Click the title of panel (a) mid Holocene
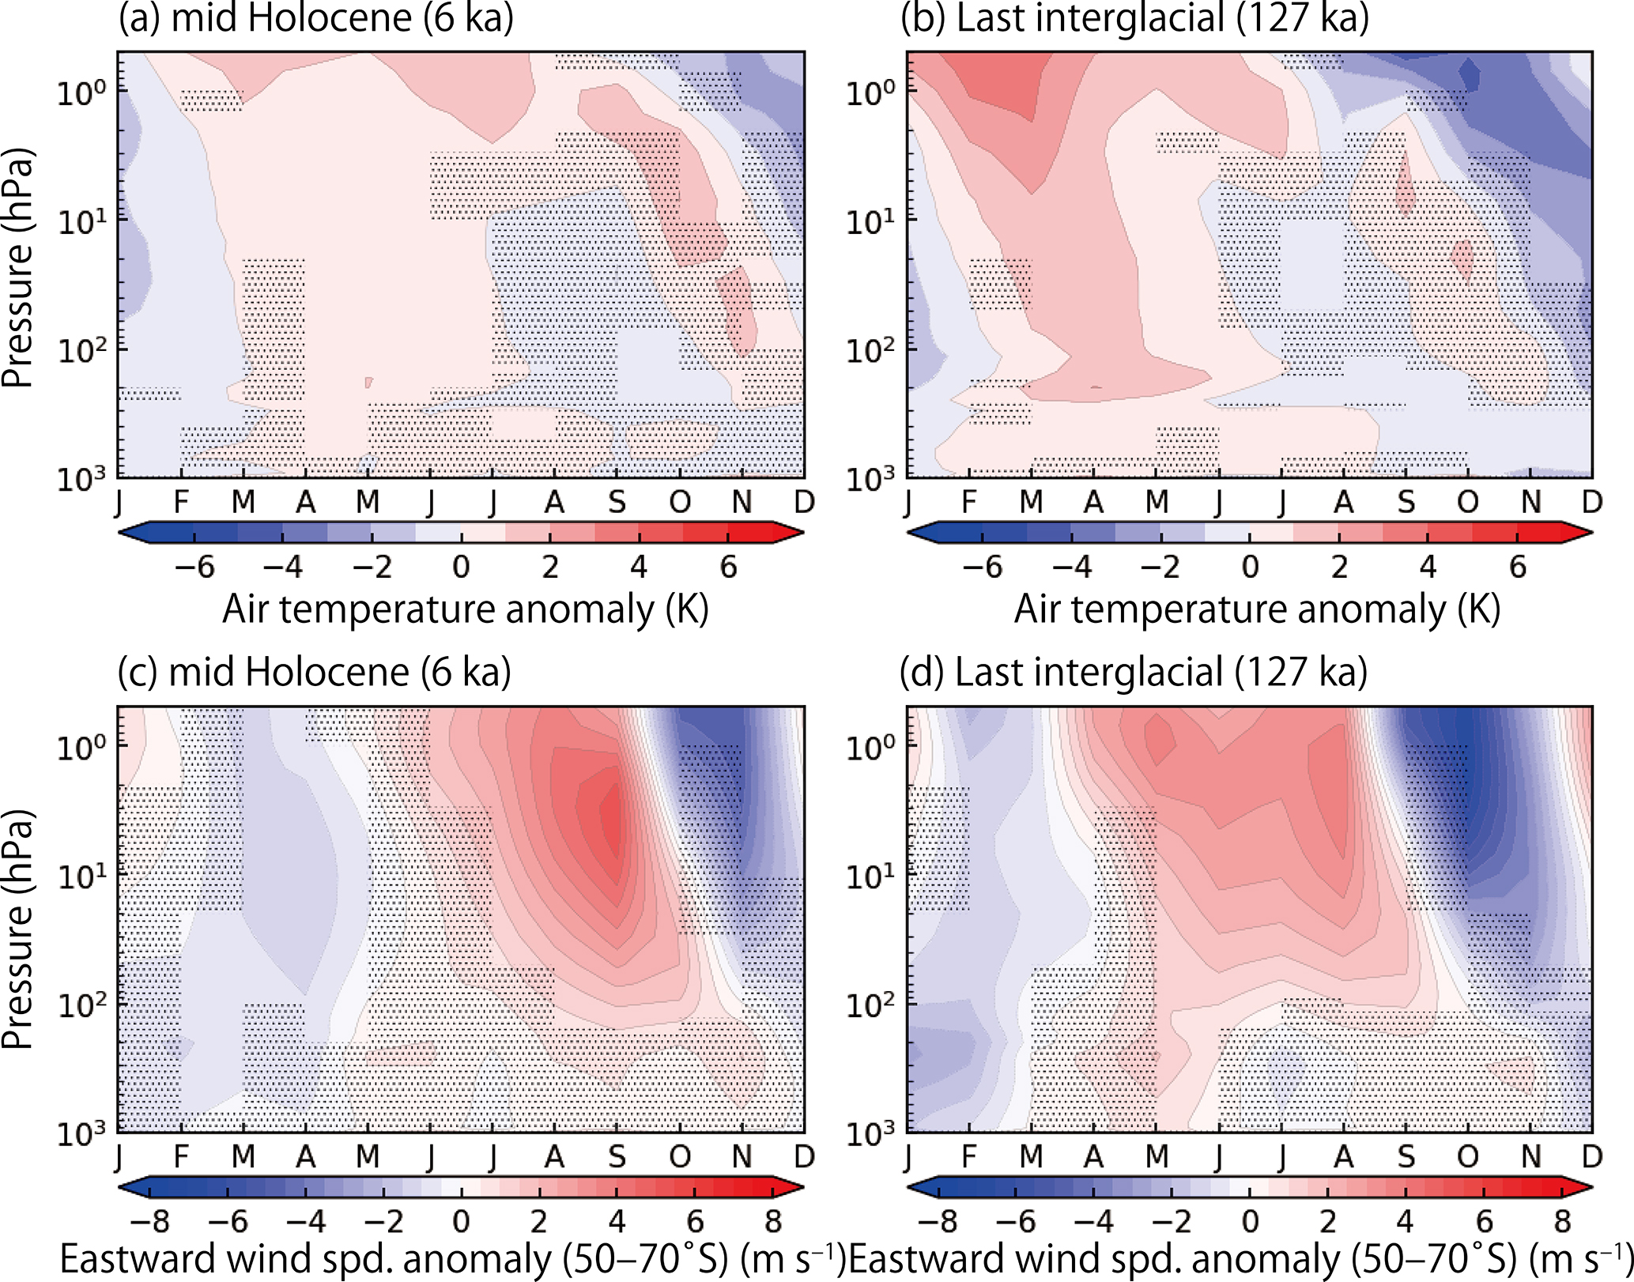[316, 19]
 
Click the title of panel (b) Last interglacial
[1134, 19]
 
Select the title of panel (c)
[314, 673]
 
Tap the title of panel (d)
[1133, 673]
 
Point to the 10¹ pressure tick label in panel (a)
[81, 222]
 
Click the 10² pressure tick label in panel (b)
[870, 350]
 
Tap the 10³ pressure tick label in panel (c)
[81, 1134]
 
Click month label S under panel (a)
[617, 502]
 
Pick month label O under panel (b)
[1468, 502]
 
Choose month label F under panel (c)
[181, 1156]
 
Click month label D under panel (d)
[1592, 1156]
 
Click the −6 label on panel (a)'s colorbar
[194, 567]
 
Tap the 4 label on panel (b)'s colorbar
[1428, 567]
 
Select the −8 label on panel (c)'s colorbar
[150, 1222]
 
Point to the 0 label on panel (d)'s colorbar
[1250, 1222]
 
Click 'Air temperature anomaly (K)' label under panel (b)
[1257, 610]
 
